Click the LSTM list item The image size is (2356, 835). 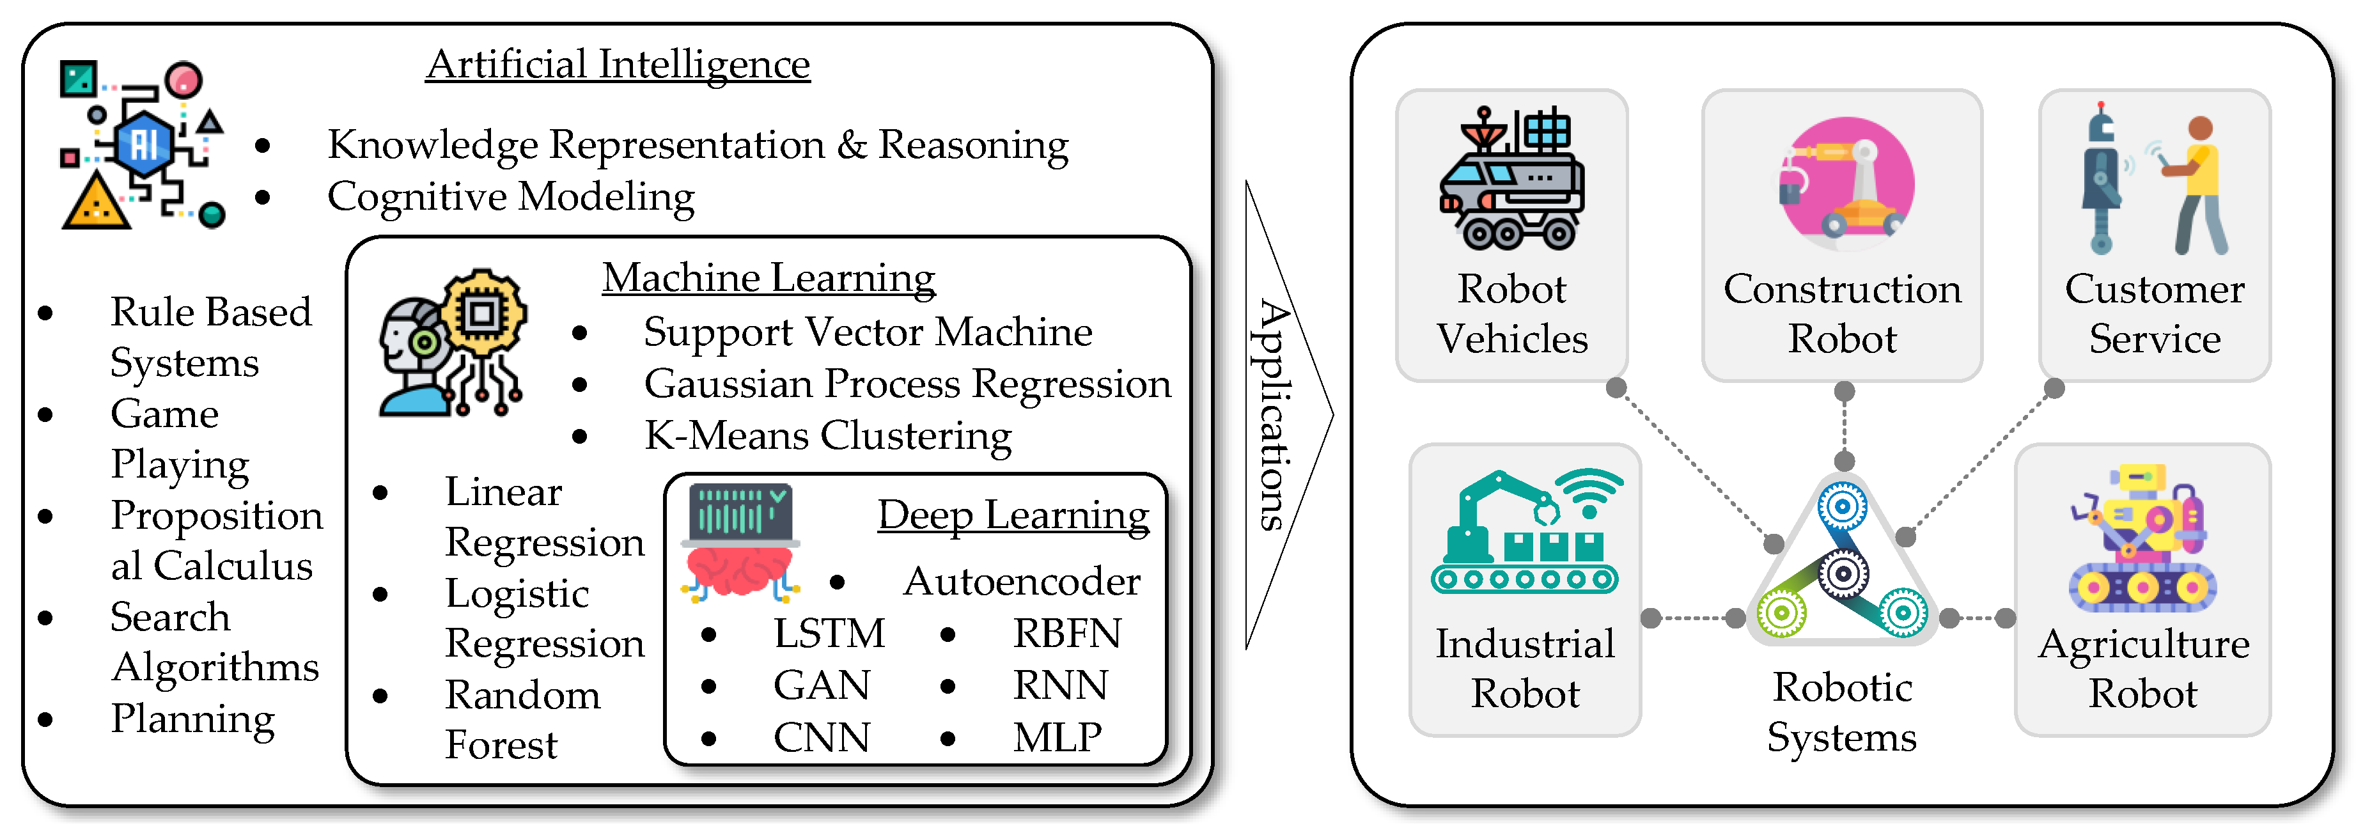point(829,634)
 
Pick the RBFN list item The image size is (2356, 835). point(1067,634)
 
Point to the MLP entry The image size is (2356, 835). point(1058,737)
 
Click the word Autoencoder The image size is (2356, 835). point(1022,582)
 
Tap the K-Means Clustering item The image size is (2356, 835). point(828,436)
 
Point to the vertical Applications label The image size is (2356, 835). point(1272,415)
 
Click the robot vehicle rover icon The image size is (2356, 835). point(1511,179)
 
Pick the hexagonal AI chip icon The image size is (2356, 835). point(144,144)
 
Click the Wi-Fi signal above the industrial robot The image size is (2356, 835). point(1591,493)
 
